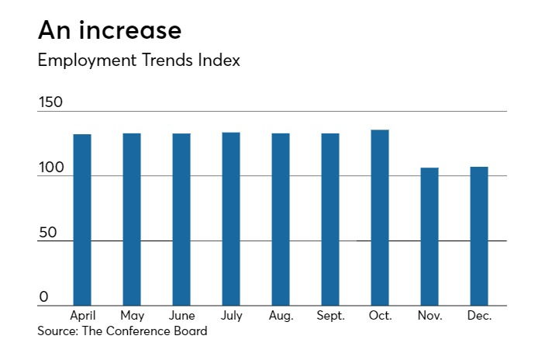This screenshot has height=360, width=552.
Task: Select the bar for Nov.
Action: click(x=430, y=237)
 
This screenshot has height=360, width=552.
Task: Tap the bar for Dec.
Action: click(x=479, y=236)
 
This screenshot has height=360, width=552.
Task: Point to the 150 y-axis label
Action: click(x=50, y=102)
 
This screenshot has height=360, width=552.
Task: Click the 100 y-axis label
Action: click(x=50, y=168)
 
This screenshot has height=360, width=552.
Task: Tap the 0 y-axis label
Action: click(x=43, y=297)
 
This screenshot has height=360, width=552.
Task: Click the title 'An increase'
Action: click(x=109, y=30)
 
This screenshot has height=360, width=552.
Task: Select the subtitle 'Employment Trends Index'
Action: click(x=139, y=61)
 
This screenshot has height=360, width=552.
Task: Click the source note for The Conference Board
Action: click(x=122, y=331)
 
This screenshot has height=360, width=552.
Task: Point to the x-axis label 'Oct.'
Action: click(x=380, y=316)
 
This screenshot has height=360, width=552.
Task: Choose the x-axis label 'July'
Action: click(x=231, y=316)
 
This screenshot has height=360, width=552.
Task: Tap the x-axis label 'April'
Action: click(x=82, y=316)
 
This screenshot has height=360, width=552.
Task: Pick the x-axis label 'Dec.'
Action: click(x=479, y=316)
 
